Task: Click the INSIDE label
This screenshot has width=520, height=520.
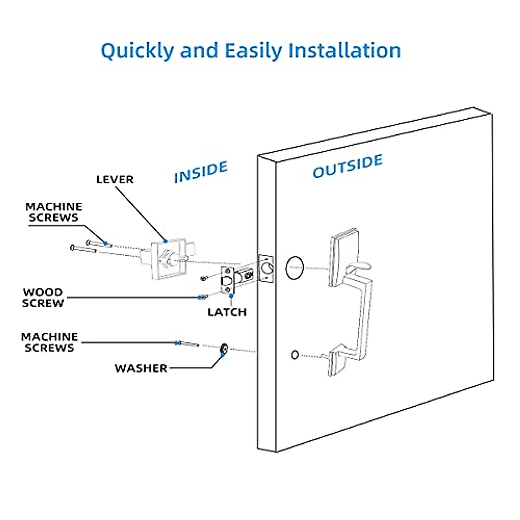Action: pos(201,172)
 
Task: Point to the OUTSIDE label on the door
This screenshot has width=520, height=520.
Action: pos(348,166)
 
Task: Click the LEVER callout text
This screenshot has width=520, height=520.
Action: pos(115,179)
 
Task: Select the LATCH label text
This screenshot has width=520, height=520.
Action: pos(227,312)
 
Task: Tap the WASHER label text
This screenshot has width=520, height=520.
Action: pos(141,368)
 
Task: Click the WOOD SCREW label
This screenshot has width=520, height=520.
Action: pos(43,298)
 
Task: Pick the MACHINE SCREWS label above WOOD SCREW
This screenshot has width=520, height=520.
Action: pos(53,212)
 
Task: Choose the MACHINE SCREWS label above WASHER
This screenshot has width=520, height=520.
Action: pos(49,342)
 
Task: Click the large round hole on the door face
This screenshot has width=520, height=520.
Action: pos(295,267)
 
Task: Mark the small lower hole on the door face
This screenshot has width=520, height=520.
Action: pos(295,355)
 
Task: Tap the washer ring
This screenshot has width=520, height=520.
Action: pos(224,348)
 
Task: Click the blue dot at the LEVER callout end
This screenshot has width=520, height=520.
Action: pos(165,241)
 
